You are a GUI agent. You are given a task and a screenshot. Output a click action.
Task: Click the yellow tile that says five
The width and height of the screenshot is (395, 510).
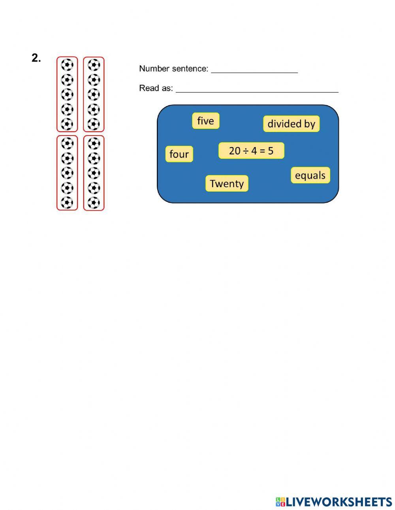(x=205, y=121)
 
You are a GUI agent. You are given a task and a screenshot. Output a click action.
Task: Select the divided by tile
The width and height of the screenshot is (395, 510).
(x=292, y=124)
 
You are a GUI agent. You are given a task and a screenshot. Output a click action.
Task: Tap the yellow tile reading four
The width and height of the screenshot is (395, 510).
(x=179, y=154)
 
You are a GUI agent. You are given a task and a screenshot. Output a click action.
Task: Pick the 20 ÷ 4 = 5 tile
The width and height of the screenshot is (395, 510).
(x=251, y=151)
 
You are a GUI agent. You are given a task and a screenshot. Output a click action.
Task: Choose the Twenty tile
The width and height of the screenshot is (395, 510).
(x=227, y=184)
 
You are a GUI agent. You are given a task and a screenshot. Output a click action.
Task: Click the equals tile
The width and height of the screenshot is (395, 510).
(x=310, y=175)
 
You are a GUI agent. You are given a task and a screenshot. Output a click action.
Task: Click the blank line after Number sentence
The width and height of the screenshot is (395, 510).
(x=254, y=71)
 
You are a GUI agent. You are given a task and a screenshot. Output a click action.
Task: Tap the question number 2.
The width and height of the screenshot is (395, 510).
(x=36, y=58)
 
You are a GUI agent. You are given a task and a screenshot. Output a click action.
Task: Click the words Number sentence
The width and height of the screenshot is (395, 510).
(x=173, y=69)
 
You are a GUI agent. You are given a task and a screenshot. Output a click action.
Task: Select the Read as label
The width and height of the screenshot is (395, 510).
(x=156, y=88)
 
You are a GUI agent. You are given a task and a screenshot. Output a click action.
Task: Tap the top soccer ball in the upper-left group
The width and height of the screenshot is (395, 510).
(x=67, y=65)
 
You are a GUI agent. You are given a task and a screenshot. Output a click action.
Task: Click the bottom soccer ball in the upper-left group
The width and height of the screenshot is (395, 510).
(x=67, y=124)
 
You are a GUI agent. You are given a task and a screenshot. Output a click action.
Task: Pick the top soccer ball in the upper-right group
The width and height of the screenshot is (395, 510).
(x=94, y=65)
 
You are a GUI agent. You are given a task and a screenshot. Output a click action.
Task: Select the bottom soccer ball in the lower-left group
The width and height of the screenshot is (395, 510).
(x=67, y=203)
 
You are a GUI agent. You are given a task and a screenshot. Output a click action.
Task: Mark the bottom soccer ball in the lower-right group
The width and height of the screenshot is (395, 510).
(x=94, y=203)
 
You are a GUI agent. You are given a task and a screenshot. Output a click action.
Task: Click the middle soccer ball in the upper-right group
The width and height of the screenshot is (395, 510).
(x=94, y=94)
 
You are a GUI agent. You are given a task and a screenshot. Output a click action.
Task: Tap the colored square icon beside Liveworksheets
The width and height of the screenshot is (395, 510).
(x=280, y=502)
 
